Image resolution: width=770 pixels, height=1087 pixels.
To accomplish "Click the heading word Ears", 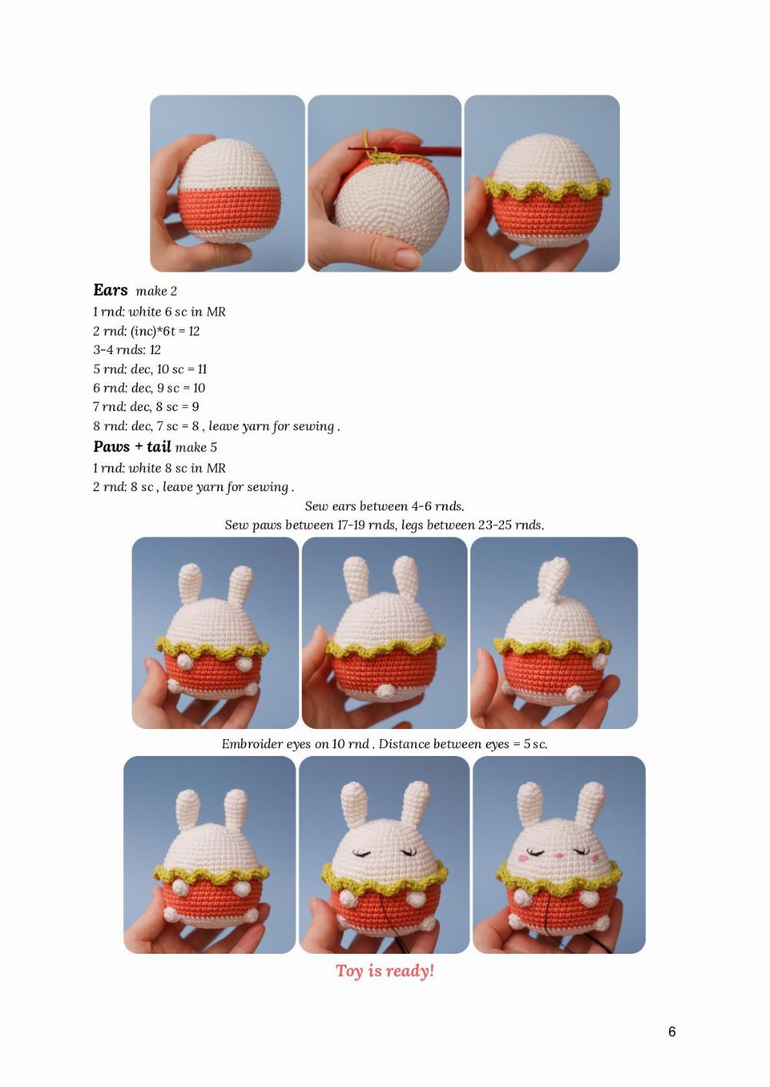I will pyautogui.click(x=110, y=290).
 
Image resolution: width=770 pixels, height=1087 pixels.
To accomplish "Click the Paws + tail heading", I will pyautogui.click(x=132, y=447).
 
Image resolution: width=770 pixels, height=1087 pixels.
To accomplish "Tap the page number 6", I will pyautogui.click(x=671, y=1032).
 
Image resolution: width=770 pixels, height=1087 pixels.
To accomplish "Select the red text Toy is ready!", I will pyautogui.click(x=385, y=971).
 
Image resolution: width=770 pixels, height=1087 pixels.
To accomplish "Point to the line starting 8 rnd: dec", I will pyautogui.click(x=216, y=426).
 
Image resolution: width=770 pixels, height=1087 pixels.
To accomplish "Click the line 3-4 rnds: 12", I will pyautogui.click(x=127, y=350).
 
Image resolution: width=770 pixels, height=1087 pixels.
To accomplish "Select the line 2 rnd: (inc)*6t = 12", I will pyautogui.click(x=146, y=331).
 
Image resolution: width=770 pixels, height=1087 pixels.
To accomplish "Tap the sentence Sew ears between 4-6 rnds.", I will pyautogui.click(x=384, y=506).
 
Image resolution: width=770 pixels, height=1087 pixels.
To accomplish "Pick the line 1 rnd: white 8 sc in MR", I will pyautogui.click(x=159, y=468).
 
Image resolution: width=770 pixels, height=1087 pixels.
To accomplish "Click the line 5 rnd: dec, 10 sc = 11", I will pyautogui.click(x=150, y=369).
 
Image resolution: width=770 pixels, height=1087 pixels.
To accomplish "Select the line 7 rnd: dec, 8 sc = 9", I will pyautogui.click(x=146, y=406).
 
